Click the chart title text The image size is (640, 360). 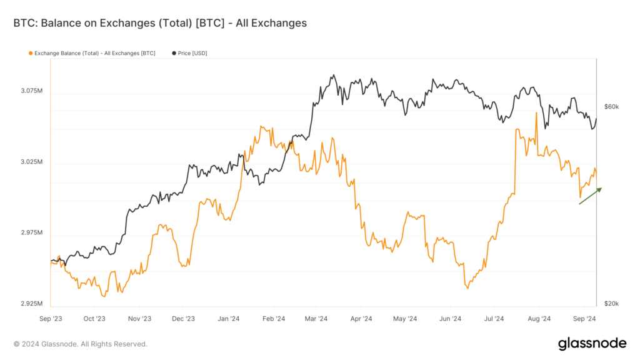(x=160, y=23)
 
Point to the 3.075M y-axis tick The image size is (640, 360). (x=31, y=91)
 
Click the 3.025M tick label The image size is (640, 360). (x=31, y=162)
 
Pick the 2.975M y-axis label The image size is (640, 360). (x=31, y=232)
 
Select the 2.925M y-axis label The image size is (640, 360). (x=31, y=304)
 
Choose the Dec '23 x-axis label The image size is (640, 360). (x=184, y=318)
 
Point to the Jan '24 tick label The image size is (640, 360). (x=229, y=318)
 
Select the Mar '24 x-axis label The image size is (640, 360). (x=317, y=318)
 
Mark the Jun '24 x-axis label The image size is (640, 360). (x=450, y=318)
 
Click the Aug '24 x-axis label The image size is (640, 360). (x=539, y=318)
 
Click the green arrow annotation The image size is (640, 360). (x=590, y=196)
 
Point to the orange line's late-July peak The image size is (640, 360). (x=536, y=113)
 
